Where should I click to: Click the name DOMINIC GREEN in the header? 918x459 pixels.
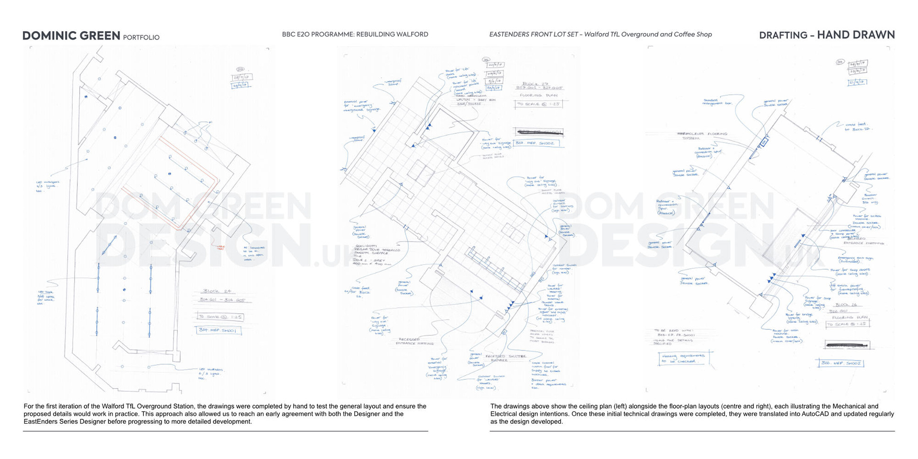coord(71,36)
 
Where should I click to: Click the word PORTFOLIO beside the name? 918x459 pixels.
coord(141,37)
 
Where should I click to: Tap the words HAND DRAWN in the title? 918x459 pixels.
coord(856,35)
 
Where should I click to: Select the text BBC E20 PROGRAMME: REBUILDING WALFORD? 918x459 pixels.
coord(355,34)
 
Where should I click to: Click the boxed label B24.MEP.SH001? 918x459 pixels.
coord(219,330)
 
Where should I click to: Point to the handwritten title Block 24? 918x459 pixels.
coord(217,291)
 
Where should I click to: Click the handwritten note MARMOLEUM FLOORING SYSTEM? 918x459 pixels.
coord(702,136)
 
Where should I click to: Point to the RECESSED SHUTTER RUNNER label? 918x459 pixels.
coord(505,358)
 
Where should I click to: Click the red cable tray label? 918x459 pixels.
coord(220,248)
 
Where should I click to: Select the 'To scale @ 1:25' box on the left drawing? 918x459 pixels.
coord(220,317)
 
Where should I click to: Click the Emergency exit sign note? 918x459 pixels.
coord(855,260)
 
